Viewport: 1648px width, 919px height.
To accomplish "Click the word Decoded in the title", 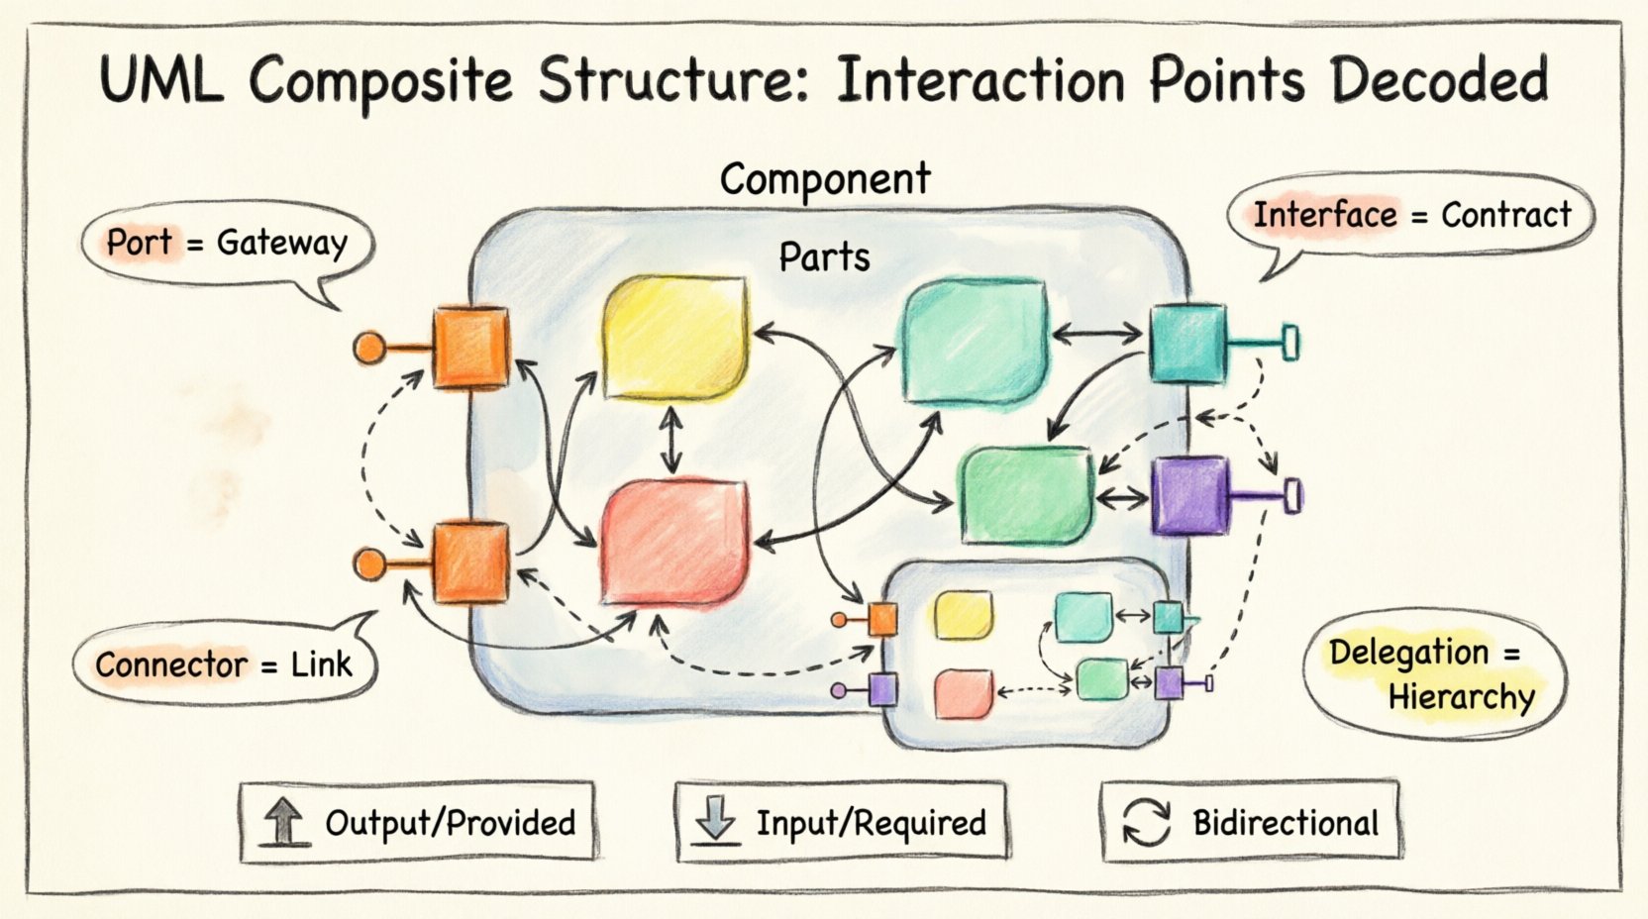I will pyautogui.click(x=1439, y=79).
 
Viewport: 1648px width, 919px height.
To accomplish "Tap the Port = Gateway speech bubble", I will pyautogui.click(x=226, y=243).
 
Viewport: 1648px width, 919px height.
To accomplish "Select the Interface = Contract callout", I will pyautogui.click(x=1411, y=215).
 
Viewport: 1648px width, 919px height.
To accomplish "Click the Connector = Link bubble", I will pyautogui.click(x=224, y=664).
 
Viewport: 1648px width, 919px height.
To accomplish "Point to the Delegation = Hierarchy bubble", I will pyautogui.click(x=1432, y=674).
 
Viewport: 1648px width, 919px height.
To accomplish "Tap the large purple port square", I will pyautogui.click(x=1189, y=495).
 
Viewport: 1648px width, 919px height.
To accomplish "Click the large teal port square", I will pyautogui.click(x=1186, y=343).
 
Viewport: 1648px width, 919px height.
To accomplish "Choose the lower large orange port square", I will pyautogui.click(x=470, y=562).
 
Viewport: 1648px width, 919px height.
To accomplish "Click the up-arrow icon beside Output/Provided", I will pyautogui.click(x=284, y=822).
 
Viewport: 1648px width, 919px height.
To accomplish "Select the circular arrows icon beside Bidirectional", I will pyautogui.click(x=1146, y=823).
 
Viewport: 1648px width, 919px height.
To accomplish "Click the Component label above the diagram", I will pyautogui.click(x=824, y=179).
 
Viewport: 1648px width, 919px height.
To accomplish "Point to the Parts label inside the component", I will pyautogui.click(x=824, y=257).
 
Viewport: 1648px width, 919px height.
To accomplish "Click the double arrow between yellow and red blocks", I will pyautogui.click(x=672, y=442).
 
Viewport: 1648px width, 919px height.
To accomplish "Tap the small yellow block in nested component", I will pyautogui.click(x=963, y=616).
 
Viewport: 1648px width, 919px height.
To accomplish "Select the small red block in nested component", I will pyautogui.click(x=963, y=692).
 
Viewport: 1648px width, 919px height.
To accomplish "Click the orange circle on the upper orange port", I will pyautogui.click(x=369, y=348).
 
